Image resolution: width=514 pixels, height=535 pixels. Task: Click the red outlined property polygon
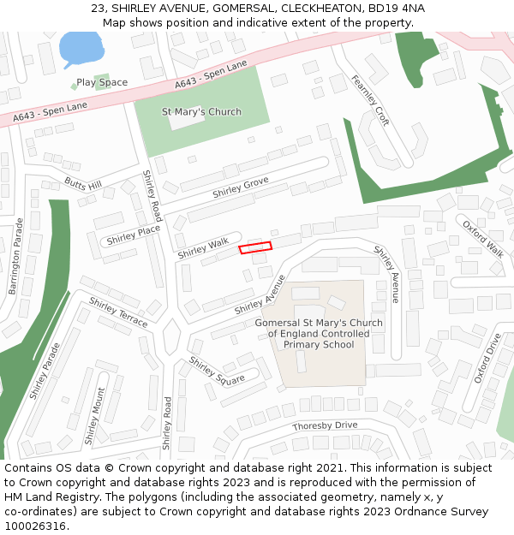(254, 247)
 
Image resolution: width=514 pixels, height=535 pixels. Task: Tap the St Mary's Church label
(201, 112)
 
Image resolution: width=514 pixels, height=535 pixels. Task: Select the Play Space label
(102, 83)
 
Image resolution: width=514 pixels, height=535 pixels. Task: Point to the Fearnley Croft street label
(370, 100)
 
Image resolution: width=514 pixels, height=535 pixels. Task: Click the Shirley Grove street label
(241, 187)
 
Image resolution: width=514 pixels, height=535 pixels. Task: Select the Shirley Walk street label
(203, 249)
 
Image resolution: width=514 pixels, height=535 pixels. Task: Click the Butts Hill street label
(83, 184)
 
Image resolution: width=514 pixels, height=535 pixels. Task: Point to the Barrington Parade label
(16, 256)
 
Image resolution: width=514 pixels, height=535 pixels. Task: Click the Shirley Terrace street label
(118, 312)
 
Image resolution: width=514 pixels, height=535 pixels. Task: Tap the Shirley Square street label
(217, 371)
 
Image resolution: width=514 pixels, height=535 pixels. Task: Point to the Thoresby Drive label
(325, 425)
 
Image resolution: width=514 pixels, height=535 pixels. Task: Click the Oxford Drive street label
(487, 359)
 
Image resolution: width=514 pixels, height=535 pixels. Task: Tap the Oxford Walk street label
(483, 238)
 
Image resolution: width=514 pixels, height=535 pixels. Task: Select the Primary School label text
(319, 344)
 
